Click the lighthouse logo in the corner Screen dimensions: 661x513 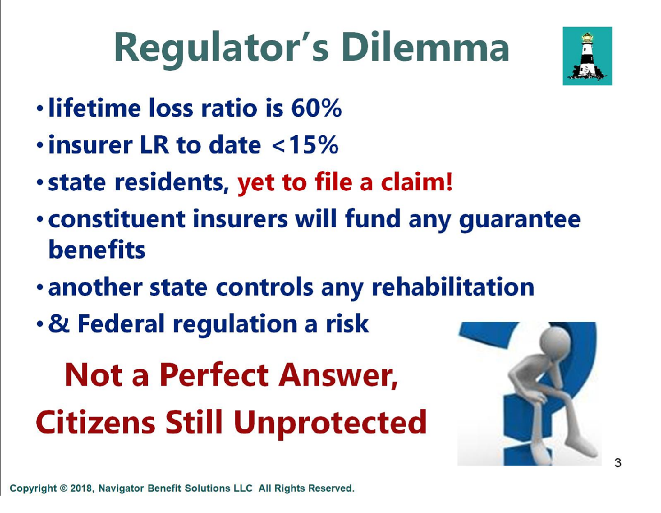(587, 56)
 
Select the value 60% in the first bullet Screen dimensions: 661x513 (316, 108)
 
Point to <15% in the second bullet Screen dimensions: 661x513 (305, 145)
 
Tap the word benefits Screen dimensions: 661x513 (97, 249)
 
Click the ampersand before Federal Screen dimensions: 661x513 (59, 323)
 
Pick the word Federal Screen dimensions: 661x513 (121, 323)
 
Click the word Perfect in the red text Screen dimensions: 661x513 (217, 375)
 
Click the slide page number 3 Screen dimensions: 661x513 (618, 463)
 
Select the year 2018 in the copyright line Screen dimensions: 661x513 (80, 489)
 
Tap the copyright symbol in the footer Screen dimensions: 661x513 (64, 489)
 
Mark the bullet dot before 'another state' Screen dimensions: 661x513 (40, 288)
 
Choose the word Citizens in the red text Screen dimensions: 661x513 (95, 422)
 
